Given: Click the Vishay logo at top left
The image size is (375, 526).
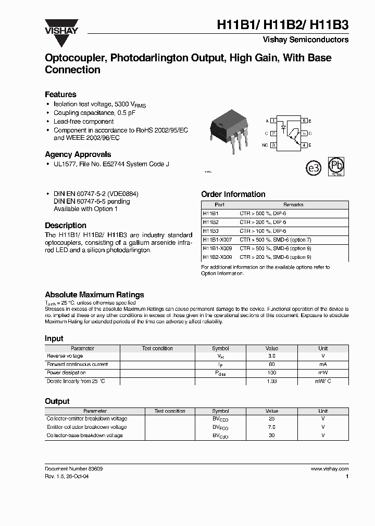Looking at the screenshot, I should point(61,26).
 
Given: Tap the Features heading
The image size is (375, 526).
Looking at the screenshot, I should point(60,95).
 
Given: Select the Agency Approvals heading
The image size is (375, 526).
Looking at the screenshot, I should point(78,154).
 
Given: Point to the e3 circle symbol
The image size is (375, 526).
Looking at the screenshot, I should point(314,168).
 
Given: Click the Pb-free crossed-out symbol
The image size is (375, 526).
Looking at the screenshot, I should point(335,167).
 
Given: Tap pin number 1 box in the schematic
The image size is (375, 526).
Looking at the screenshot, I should point(273,121).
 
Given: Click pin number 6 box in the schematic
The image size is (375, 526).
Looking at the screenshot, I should point(304,121).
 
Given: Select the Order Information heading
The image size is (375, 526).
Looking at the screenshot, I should point(233,194).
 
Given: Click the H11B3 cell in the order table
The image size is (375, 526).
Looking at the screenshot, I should point(210,231).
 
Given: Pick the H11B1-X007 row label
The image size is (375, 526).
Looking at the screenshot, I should point(217,240).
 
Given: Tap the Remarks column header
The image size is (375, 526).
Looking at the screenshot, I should point(293,205).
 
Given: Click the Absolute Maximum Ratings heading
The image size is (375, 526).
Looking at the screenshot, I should point(94,295).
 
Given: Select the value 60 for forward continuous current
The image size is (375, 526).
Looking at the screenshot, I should point(272,364).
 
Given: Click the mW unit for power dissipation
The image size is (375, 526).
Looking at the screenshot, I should point(323,373).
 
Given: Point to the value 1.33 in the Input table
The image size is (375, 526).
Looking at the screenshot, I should point(272,382).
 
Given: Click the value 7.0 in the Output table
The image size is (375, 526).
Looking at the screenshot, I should point(272,427).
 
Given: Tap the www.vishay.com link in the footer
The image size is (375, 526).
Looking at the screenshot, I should point(330,469).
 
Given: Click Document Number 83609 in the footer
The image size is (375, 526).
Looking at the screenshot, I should point(73,469).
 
